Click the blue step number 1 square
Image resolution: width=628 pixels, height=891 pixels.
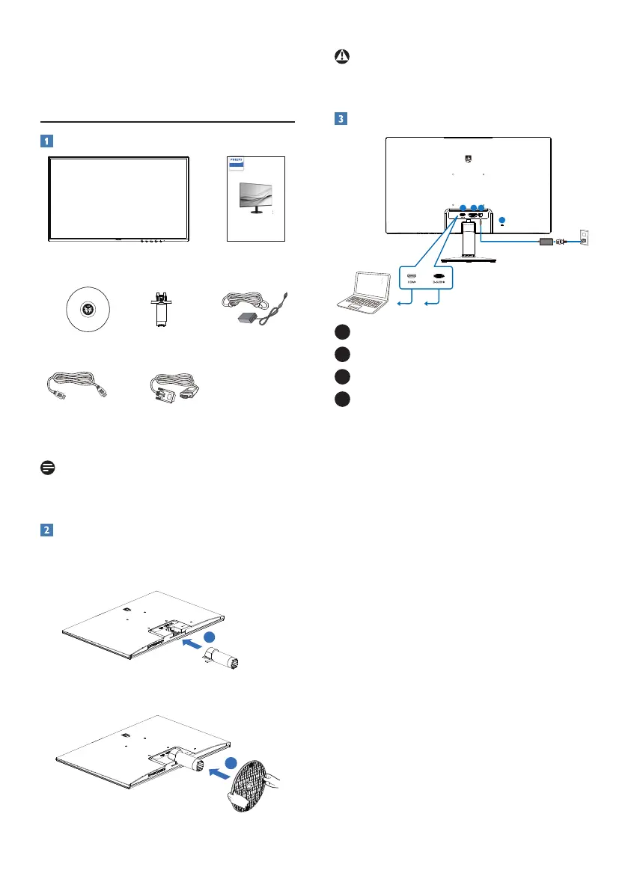click(47, 141)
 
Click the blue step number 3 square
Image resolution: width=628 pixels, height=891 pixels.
click(341, 119)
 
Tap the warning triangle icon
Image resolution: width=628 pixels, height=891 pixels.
click(342, 58)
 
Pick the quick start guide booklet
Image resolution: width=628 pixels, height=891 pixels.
click(255, 198)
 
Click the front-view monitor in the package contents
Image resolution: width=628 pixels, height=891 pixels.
click(118, 198)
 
